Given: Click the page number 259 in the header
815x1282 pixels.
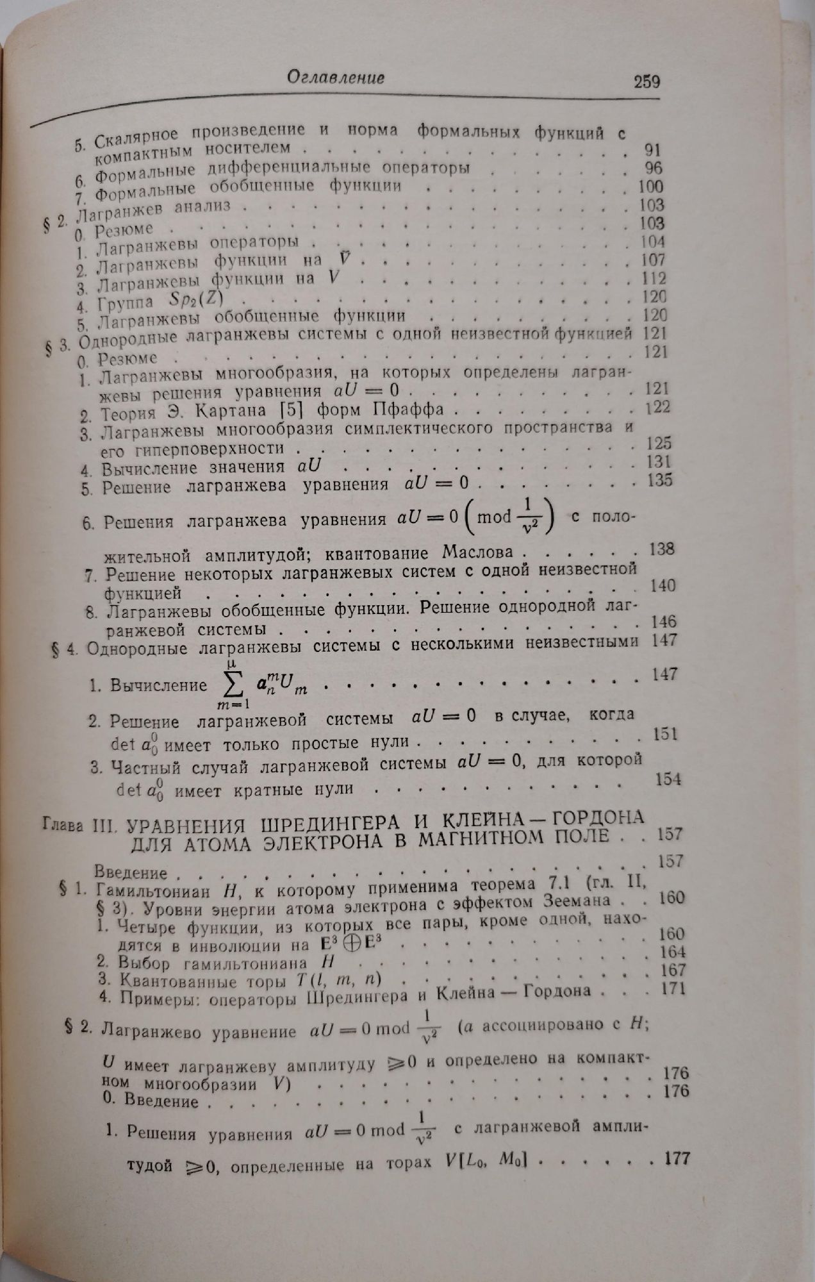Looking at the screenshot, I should pyautogui.click(x=646, y=82).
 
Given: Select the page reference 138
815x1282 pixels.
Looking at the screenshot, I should pyautogui.click(x=661, y=549).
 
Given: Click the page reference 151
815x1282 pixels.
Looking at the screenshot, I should pyautogui.click(x=665, y=733).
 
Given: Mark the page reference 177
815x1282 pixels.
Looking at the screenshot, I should pyautogui.click(x=675, y=1158).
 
